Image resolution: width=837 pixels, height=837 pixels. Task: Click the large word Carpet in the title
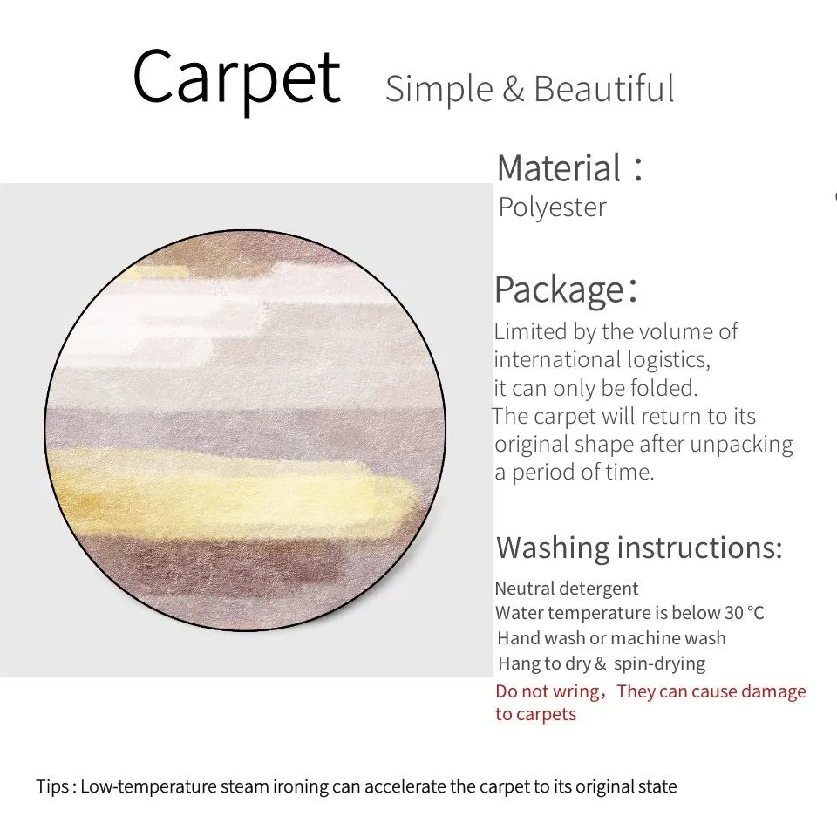[236, 79]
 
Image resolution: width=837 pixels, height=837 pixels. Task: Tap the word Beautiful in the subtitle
[603, 89]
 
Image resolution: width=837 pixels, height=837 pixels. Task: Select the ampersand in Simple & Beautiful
[513, 89]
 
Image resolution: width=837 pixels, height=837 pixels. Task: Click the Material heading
[569, 168]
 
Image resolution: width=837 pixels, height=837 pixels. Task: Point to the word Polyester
[553, 208]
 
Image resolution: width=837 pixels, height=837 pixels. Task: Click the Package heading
[566, 289]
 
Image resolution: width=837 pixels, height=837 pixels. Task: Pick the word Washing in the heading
[553, 548]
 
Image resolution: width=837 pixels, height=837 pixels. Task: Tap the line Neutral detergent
[567, 589]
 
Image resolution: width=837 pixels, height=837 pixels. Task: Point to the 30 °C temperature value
[744, 613]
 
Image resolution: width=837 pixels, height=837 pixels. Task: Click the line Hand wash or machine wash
[611, 638]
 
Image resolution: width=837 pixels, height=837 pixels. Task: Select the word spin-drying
[659, 663]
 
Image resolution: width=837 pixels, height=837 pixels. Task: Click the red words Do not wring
[548, 691]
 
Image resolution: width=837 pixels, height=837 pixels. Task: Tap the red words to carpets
[536, 714]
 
